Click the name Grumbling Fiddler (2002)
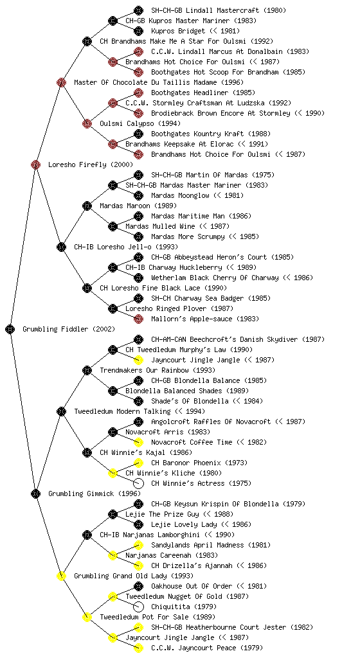coord(69,330)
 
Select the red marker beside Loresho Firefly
coord(35,164)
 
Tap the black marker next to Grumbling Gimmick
coord(35,493)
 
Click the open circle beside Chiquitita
coord(138,607)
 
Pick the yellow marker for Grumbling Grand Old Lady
coord(61,576)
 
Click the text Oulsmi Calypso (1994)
coord(140,124)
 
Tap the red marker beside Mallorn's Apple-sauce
coord(138,319)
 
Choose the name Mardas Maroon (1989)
coord(138,206)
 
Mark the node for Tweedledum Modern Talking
coord(61,411)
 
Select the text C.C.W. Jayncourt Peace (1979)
coord(207,648)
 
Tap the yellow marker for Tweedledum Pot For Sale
coord(87,617)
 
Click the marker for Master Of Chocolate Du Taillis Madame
coord(61,82)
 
